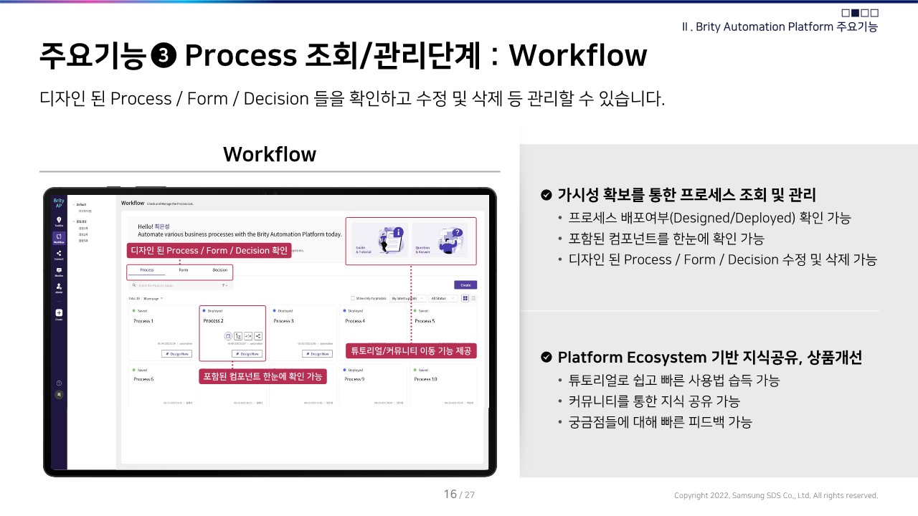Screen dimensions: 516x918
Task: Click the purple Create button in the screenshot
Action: (x=465, y=285)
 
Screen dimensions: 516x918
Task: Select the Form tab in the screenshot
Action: (x=184, y=270)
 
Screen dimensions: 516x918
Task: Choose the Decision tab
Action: (x=220, y=270)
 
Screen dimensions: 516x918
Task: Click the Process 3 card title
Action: (x=283, y=321)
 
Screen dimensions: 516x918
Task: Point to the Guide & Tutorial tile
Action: (x=379, y=239)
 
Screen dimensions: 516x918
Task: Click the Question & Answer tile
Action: (x=439, y=239)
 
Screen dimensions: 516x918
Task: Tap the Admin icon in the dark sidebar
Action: (x=59, y=288)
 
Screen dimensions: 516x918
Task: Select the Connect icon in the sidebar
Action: (x=59, y=254)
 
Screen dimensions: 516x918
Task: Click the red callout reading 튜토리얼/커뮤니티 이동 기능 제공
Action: (x=412, y=351)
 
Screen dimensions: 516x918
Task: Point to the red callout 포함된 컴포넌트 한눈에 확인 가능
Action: (x=262, y=376)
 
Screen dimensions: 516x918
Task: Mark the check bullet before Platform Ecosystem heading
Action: (x=546, y=357)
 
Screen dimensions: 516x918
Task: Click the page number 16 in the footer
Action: (x=450, y=494)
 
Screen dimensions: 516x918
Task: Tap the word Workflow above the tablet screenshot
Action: (x=270, y=154)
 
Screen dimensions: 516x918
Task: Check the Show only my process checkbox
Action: (x=353, y=298)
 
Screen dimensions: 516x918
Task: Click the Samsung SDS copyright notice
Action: (x=775, y=495)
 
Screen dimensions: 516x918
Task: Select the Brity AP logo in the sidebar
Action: (x=59, y=203)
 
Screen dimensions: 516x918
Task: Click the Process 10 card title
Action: (x=425, y=378)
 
